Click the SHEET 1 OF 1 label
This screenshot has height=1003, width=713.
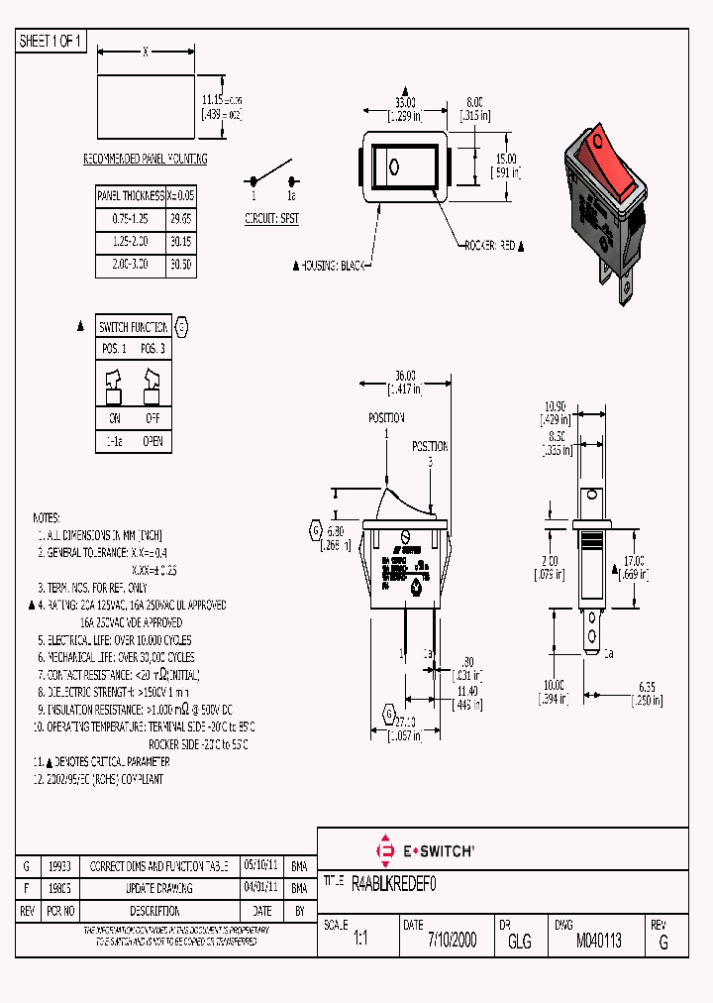(x=51, y=41)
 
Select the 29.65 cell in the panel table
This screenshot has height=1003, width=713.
(x=181, y=218)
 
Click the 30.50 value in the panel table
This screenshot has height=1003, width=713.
(x=181, y=266)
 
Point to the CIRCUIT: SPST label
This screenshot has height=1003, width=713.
(x=271, y=217)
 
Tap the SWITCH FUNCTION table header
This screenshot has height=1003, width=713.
(x=134, y=327)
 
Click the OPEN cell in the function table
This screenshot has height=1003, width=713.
(x=153, y=441)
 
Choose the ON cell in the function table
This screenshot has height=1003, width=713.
(x=114, y=418)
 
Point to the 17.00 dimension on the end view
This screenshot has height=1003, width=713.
(x=634, y=560)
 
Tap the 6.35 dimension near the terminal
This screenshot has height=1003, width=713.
(x=649, y=686)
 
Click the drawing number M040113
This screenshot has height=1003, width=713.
(x=598, y=942)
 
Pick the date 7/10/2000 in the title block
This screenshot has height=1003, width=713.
(x=452, y=942)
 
